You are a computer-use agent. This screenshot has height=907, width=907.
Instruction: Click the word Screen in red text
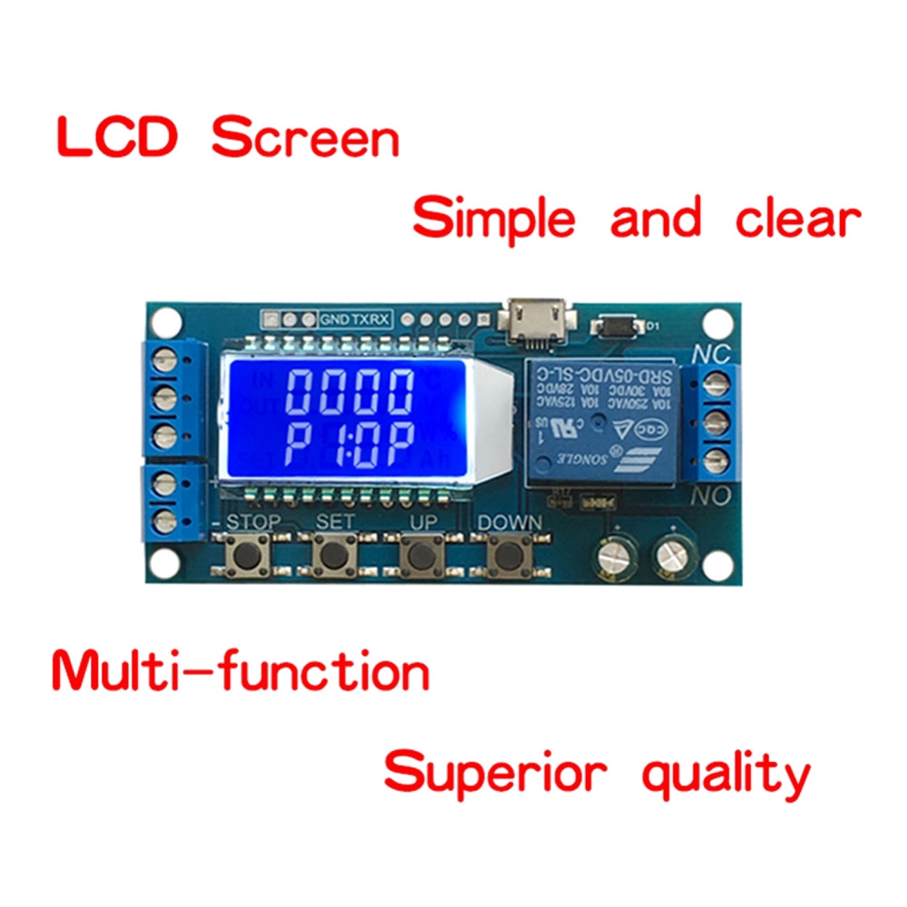pyautogui.click(x=306, y=140)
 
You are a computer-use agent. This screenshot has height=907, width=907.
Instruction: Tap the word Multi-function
pyautogui.click(x=240, y=672)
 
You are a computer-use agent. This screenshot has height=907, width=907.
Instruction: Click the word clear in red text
pyautogui.click(x=797, y=219)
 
